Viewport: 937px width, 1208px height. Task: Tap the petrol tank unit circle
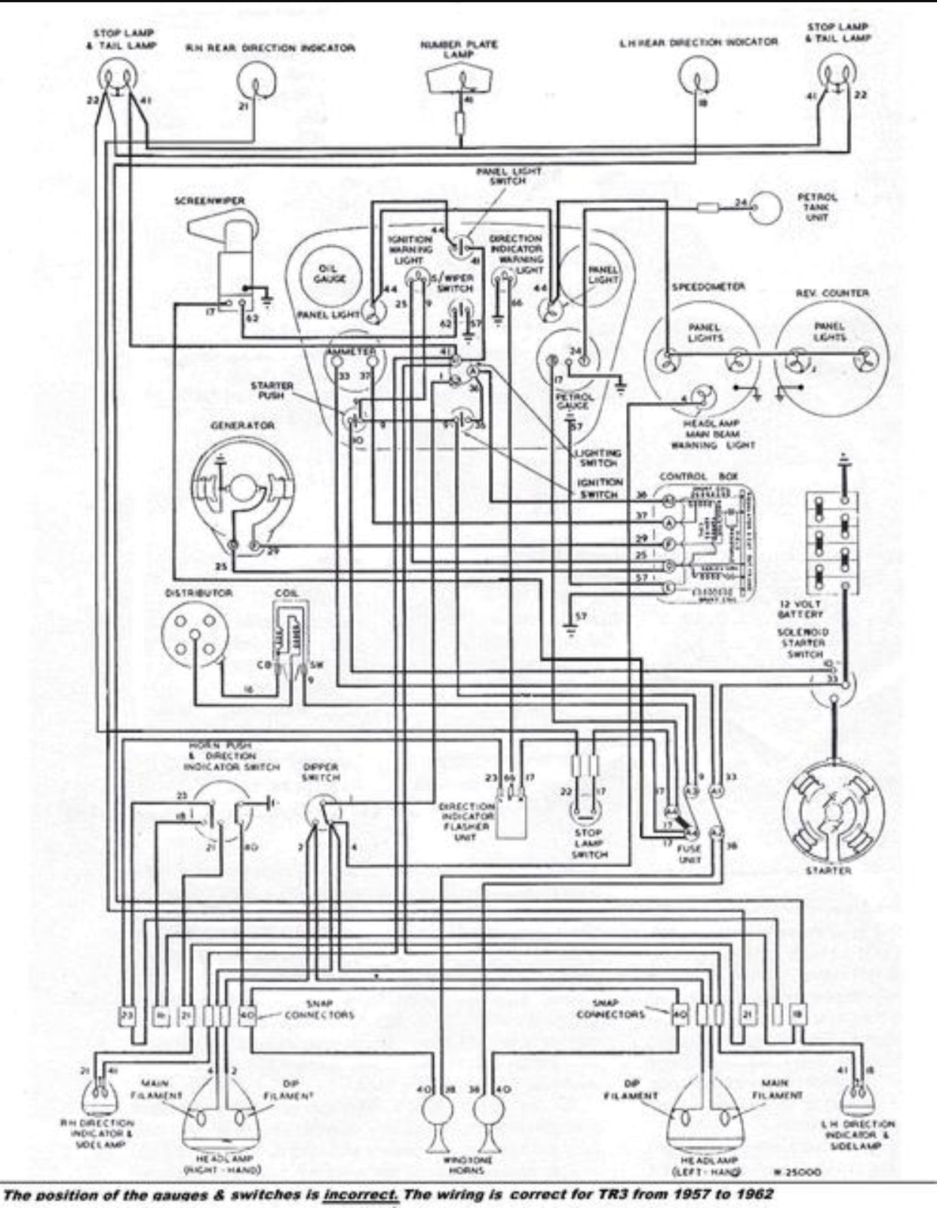tap(766, 205)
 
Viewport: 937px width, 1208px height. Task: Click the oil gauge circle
tap(329, 274)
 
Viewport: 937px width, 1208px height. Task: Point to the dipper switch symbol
tap(323, 814)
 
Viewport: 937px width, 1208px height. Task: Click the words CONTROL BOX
tap(684, 476)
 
